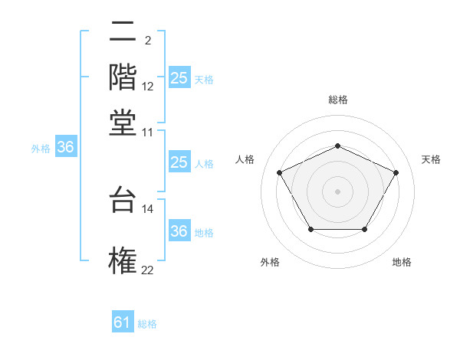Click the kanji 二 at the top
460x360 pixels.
pos(123,34)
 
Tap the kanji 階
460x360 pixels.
pos(123,77)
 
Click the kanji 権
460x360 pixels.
pos(123,258)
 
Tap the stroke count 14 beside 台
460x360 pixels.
pos(148,208)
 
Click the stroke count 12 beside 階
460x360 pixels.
pos(148,87)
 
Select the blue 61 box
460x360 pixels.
pos(123,322)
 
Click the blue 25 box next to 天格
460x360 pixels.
pos(179,77)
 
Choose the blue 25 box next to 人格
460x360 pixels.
pos(179,162)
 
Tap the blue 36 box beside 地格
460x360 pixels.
pos(179,231)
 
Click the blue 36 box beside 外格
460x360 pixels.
pos(65,148)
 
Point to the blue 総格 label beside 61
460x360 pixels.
pos(147,323)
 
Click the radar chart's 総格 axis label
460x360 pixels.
pos(337,100)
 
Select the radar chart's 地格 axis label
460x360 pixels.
pos(402,262)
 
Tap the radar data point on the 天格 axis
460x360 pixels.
pos(396,172)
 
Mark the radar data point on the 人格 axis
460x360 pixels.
pos(279,172)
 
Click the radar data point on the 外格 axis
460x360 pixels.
pos(310,229)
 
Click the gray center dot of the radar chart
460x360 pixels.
pos(337,191)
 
